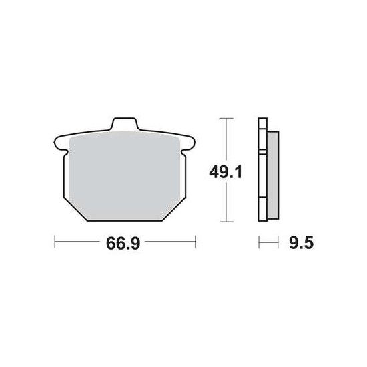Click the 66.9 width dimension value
(123, 244)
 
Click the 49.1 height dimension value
(226, 172)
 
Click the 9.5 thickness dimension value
(301, 243)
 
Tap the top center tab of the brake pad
(125, 123)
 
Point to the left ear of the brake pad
(60, 143)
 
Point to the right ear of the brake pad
(188, 143)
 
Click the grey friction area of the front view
(125, 176)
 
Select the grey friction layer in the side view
(273, 175)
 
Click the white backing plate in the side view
(262, 169)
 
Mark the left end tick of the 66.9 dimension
(55, 242)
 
